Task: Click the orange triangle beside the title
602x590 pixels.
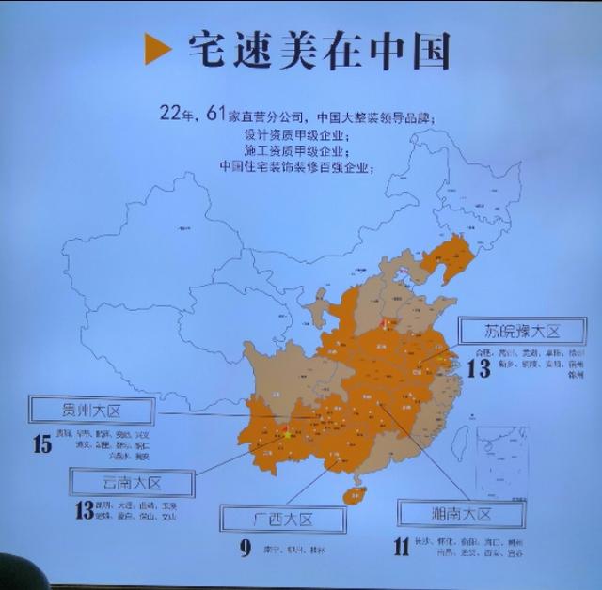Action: point(157,49)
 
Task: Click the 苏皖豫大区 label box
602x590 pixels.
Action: point(522,331)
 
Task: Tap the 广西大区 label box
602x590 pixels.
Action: point(279,519)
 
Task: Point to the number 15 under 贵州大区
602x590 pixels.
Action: point(41,444)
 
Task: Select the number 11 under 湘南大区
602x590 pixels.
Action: point(403,548)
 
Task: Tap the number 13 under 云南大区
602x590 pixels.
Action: point(84,511)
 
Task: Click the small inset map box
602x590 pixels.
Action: point(506,460)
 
